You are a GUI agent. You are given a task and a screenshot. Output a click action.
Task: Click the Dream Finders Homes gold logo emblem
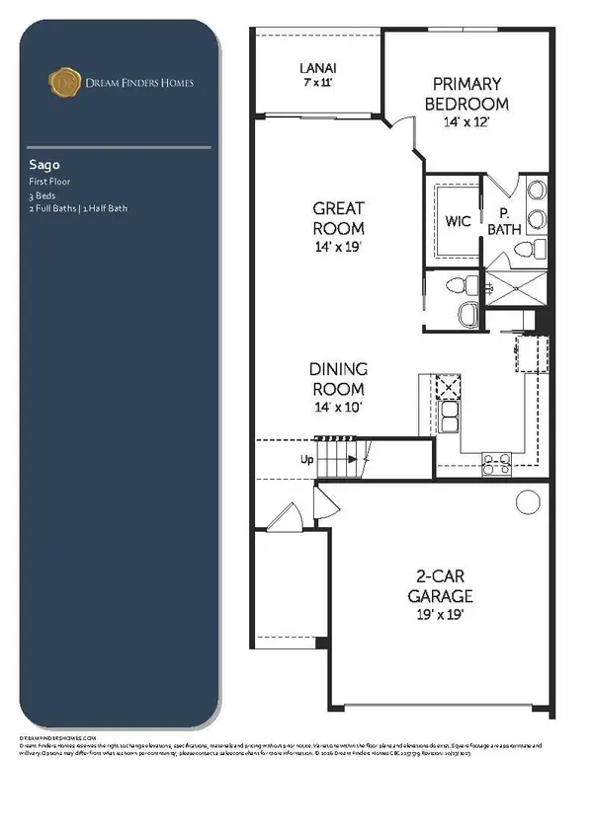click(x=62, y=82)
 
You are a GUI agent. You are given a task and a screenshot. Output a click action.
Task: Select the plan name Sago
click(x=41, y=167)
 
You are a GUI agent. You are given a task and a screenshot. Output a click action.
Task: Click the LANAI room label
click(x=318, y=68)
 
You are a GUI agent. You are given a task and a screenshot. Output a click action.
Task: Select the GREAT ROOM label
click(x=339, y=217)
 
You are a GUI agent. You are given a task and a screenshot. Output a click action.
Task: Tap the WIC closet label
click(x=457, y=221)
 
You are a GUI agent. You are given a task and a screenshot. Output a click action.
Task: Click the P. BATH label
click(x=503, y=221)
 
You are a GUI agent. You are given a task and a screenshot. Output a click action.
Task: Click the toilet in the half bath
click(x=457, y=285)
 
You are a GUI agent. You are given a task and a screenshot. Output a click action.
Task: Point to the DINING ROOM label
click(x=339, y=378)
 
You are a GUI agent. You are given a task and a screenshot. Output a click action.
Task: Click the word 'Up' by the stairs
click(x=308, y=460)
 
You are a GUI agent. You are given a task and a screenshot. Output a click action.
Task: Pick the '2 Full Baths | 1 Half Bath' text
click(x=77, y=208)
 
